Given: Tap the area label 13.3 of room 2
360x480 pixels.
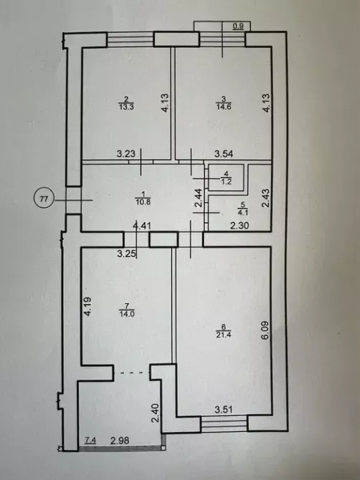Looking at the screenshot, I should tap(126, 107).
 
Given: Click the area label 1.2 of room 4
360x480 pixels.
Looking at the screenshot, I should tap(225, 183).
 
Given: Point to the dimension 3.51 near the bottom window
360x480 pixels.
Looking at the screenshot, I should tap(225, 410).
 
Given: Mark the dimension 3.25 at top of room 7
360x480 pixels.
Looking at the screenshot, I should tap(127, 253).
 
